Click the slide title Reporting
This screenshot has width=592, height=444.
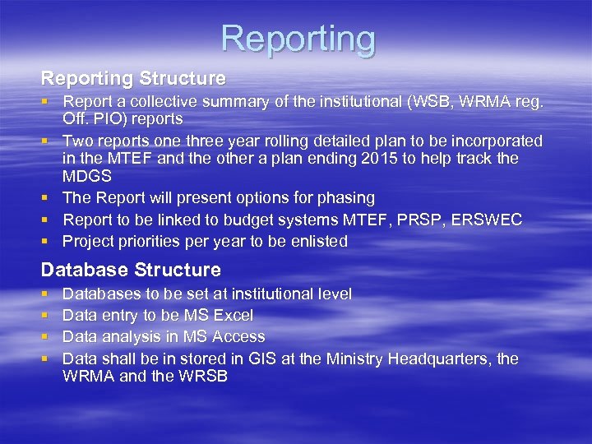pyautogui.click(x=298, y=39)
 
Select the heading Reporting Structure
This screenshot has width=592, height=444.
pyautogui.click(x=133, y=79)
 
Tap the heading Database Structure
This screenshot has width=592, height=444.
pyautogui.click(x=131, y=270)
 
